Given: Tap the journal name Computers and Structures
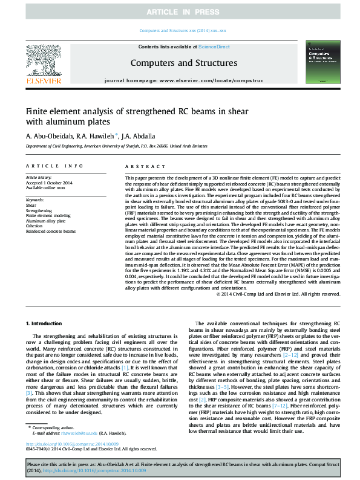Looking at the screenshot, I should click(x=183, y=63).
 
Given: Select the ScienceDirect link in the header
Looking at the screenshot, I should click(x=214, y=47).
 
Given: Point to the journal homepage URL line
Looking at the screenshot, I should click(x=183, y=80).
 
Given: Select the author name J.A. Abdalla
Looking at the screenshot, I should click(x=139, y=135).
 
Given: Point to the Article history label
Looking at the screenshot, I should click(x=39, y=177).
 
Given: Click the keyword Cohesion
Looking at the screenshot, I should click(x=35, y=226).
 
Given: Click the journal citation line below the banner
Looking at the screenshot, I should click(x=183, y=30).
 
